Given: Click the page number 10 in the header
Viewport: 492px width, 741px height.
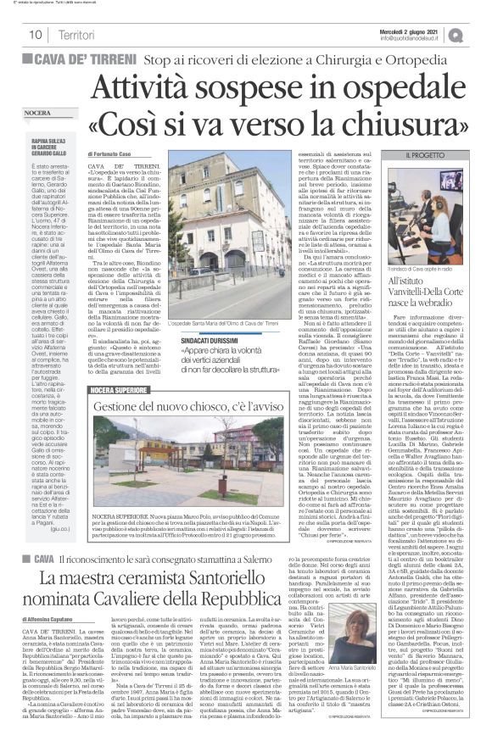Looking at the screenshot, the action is [36, 35].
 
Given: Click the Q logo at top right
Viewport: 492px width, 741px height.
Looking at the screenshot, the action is [479, 34].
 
